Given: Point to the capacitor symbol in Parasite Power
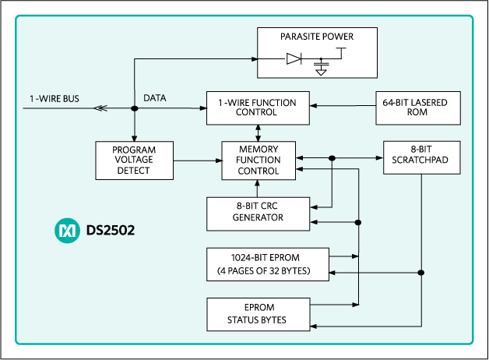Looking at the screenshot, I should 320,61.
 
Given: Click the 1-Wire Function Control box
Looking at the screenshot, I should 257,107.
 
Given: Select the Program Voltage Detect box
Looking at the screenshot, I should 133,161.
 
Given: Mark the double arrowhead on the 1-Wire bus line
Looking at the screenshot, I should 100,109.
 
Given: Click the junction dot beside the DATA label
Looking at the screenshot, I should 134,109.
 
